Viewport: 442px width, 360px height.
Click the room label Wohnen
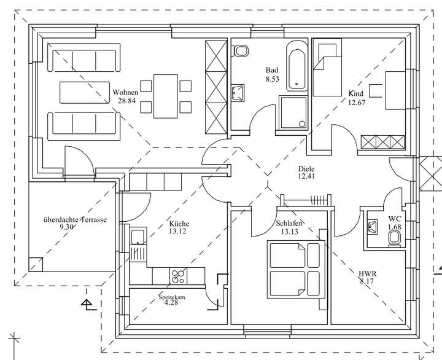pos(126,93)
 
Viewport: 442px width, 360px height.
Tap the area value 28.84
pos(126,101)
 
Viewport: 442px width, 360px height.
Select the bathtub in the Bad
pos(297,66)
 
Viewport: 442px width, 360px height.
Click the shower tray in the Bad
pos(293,112)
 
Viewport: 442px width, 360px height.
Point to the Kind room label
pos(356,93)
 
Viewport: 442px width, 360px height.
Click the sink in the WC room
pos(371,227)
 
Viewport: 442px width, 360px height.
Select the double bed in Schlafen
pos(295,268)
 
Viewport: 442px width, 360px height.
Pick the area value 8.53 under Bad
pos(273,79)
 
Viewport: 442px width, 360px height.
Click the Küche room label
pos(179,224)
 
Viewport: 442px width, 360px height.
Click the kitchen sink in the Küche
pos(138,237)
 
